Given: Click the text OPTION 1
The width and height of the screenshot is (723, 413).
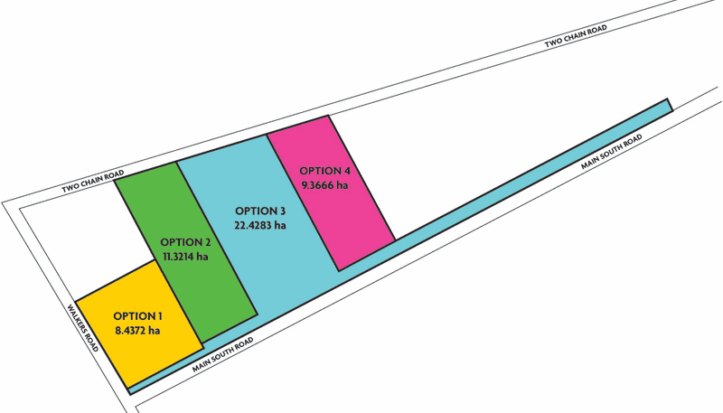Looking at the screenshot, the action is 138,316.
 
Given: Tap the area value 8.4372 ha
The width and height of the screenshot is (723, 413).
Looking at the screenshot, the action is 138,331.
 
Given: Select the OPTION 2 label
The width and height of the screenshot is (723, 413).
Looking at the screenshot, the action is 185,242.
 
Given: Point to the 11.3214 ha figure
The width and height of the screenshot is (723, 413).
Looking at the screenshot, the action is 185,257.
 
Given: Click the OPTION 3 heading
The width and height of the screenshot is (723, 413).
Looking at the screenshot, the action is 260,211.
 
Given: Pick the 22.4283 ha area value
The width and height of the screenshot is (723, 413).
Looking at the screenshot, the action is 260,225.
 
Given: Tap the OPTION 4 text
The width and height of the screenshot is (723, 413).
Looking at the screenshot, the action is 324,171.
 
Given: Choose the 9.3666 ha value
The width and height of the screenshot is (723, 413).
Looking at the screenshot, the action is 324,185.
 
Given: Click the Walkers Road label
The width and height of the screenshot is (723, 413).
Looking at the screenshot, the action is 83,327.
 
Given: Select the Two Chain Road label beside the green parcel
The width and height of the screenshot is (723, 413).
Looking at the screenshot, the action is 93,181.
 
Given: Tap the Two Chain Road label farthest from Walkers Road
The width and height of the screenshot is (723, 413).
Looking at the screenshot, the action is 576,35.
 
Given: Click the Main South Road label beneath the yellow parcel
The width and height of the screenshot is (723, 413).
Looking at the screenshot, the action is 222,354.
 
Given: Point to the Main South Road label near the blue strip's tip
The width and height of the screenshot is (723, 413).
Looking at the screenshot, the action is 611,152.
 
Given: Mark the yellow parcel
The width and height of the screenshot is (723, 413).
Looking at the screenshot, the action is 139,323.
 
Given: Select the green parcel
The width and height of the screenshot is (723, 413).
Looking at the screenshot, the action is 185,251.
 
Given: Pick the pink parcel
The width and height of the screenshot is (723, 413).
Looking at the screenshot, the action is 330,193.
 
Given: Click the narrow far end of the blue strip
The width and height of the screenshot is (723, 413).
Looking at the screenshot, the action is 670,105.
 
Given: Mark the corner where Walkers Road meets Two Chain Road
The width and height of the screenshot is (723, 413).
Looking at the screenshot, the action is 3,202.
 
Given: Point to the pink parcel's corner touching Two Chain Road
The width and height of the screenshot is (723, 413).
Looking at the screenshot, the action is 328,116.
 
